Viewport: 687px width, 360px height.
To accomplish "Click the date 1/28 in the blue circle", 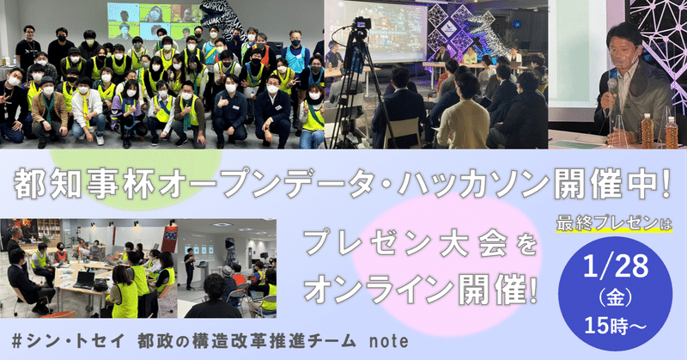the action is point(616,265).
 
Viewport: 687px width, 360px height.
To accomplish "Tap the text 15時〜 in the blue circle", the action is point(615,326).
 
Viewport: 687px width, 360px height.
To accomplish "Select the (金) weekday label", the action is point(615,299).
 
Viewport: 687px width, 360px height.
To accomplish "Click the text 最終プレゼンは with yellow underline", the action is point(614,223).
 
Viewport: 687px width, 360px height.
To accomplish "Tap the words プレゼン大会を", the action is point(421,244).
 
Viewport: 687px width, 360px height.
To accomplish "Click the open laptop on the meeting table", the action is point(84,280).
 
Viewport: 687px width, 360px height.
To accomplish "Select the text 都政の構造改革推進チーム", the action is point(246,341).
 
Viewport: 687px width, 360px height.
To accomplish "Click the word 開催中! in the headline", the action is point(612,182).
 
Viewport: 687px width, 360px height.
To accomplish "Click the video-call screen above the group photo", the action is point(155,20).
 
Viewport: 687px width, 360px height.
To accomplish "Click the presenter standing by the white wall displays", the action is point(190,268).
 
